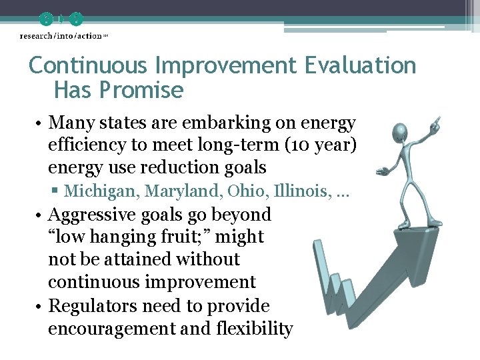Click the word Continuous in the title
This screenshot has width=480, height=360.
[x=89, y=66]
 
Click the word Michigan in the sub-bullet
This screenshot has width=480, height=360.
[x=94, y=191]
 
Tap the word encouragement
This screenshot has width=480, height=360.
[x=105, y=329]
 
